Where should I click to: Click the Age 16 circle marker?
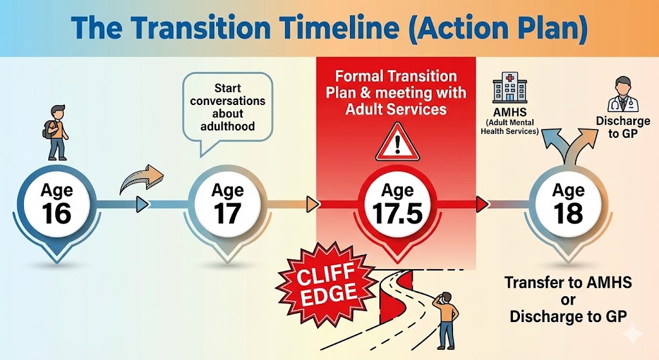(x=57, y=204)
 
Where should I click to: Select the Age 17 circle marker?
(x=227, y=204)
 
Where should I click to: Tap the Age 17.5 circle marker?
(x=398, y=204)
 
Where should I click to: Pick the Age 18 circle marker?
(x=568, y=204)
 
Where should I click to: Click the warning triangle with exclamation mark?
(x=397, y=142)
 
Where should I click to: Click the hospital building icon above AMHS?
(x=510, y=89)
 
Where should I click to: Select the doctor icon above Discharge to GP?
(x=622, y=95)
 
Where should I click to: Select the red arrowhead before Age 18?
(x=482, y=204)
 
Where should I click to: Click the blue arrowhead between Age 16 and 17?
(x=143, y=205)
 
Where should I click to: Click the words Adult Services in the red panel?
(x=396, y=109)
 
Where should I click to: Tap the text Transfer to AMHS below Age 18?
(x=568, y=282)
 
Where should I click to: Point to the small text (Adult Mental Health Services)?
(x=510, y=127)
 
